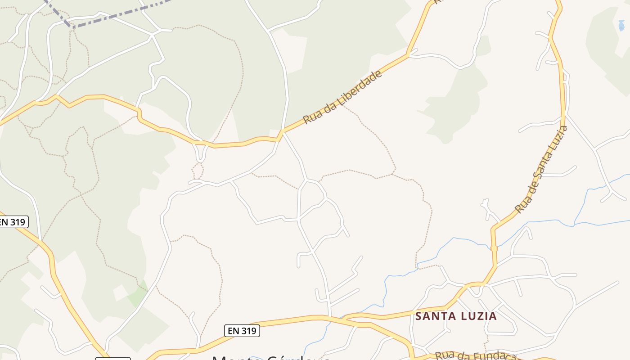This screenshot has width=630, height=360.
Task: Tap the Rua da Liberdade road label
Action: [x=343, y=97]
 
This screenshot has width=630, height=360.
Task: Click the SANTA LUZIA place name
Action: [x=456, y=316]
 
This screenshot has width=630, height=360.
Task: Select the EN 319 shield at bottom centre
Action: [x=242, y=331]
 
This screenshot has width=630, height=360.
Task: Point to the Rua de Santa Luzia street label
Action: [x=541, y=170]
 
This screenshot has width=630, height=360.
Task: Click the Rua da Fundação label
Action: [x=477, y=355]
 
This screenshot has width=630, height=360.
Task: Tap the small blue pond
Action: [x=621, y=25]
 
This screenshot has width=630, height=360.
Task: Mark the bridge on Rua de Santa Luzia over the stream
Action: [x=494, y=248]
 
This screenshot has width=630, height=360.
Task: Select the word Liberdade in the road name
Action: [x=360, y=87]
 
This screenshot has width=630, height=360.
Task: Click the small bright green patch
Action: [x=137, y=295]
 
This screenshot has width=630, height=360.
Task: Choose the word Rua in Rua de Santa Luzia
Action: [x=521, y=205]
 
